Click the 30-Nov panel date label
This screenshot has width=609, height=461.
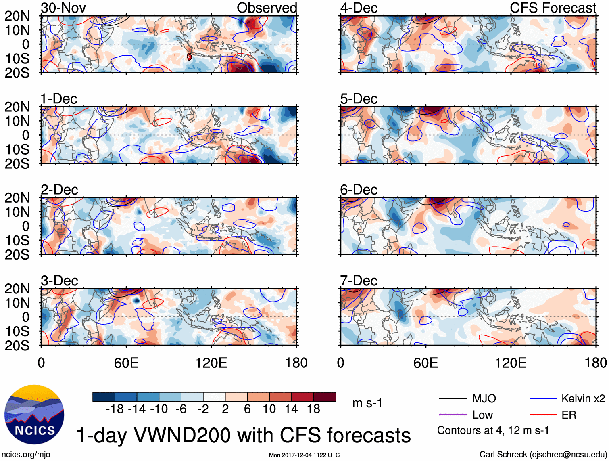click(63, 8)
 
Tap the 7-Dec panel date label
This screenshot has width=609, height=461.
click(359, 281)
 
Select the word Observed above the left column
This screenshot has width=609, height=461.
click(267, 8)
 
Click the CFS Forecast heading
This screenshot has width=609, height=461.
click(553, 8)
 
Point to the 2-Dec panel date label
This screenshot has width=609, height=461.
click(59, 190)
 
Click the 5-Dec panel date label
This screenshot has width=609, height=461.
click(359, 99)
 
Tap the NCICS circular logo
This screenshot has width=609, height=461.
click(34, 415)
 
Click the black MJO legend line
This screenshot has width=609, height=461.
click(453, 399)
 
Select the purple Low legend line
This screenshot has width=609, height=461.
click(453, 415)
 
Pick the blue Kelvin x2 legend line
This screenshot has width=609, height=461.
click(543, 399)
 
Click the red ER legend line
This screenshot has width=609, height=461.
click(543, 415)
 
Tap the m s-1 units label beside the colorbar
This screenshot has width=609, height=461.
click(367, 403)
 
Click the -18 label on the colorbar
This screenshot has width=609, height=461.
click(115, 409)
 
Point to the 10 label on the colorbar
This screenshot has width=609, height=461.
click(269, 409)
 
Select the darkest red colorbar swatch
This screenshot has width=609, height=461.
click(325, 397)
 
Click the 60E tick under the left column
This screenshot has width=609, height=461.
click(126, 363)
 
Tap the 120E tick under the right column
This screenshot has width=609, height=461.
click(511, 363)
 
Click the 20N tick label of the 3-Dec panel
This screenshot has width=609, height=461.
click(17, 289)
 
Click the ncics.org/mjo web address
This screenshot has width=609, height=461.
click(26, 455)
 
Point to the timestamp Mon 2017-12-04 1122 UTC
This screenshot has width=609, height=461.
click(304, 455)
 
